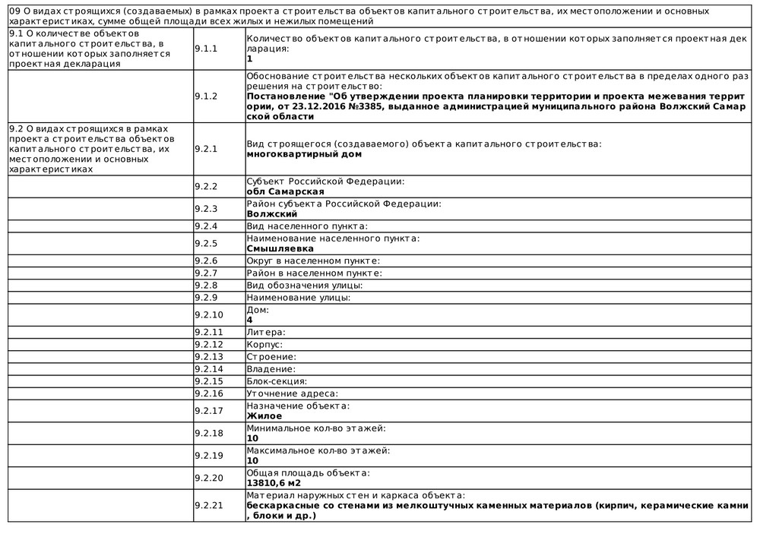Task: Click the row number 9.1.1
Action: point(205,48)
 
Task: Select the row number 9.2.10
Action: point(209,314)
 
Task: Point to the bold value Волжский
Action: point(272,213)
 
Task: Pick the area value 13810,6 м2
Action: point(274,482)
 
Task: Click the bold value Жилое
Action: point(264,415)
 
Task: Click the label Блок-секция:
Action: point(277,381)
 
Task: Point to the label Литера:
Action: point(266,332)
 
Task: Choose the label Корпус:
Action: point(264,344)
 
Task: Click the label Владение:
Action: point(271,368)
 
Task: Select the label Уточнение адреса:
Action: point(293,393)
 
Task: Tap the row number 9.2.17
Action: point(209,410)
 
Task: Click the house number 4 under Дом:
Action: point(250,320)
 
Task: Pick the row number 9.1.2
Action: point(205,96)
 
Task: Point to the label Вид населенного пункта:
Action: point(307,226)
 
